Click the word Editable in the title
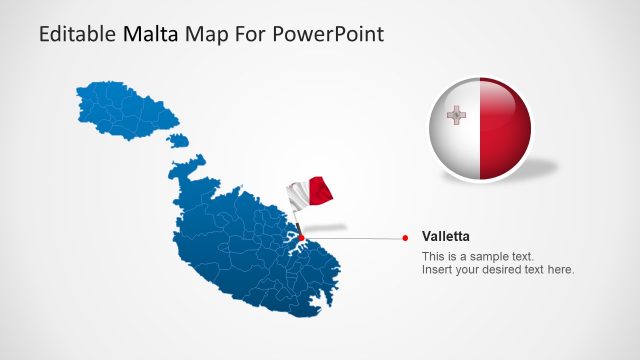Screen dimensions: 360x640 click(x=78, y=34)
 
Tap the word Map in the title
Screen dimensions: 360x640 click(x=204, y=34)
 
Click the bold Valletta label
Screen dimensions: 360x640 click(x=446, y=237)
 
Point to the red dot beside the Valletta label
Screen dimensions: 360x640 click(x=405, y=238)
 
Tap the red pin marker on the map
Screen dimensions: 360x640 click(x=301, y=238)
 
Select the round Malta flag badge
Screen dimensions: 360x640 click(x=480, y=130)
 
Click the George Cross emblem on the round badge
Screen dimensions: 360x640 click(x=456, y=115)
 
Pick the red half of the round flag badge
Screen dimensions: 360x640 click(x=504, y=130)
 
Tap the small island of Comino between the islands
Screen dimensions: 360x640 click(x=178, y=139)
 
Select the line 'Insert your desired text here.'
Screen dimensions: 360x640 click(x=498, y=270)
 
